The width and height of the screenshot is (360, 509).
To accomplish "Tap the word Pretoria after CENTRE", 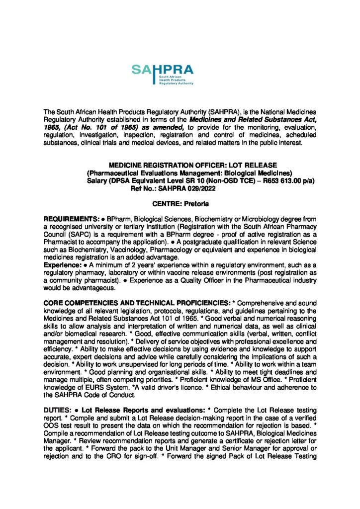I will (x=196, y=204).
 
